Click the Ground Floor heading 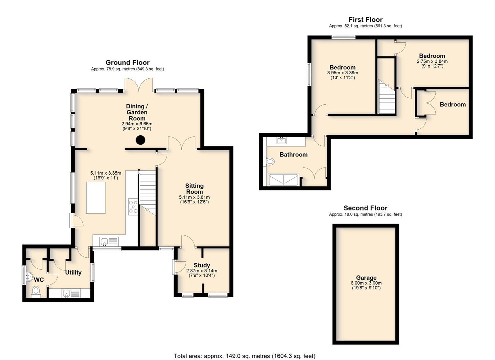128,62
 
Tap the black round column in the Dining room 140,140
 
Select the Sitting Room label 195,189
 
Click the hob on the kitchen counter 134,207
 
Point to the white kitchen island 96,197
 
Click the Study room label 202,265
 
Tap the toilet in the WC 36,291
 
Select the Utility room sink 66,293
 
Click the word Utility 73,272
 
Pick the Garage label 366,278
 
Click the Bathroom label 293,154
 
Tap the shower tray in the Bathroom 283,179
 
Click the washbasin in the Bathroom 281,140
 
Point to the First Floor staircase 387,97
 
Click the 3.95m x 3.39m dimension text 342,73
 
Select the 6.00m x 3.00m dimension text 366,283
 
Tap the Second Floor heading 365,208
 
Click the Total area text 245,350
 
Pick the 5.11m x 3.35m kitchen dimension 106,173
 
